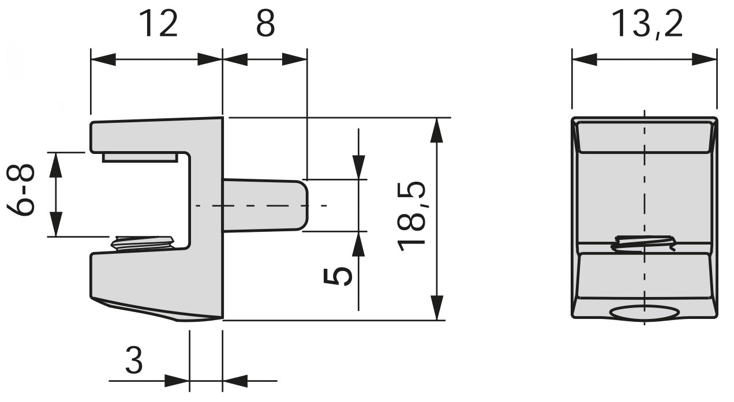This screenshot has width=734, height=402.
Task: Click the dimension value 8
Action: pyautogui.click(x=265, y=25)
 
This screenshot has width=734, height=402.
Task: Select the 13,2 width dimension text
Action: pyautogui.click(x=646, y=25)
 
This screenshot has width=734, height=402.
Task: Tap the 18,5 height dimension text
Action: pyautogui.click(x=412, y=217)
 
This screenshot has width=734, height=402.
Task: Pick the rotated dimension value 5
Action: pyautogui.click(x=337, y=276)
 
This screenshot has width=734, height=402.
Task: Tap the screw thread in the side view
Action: pyautogui.click(x=143, y=242)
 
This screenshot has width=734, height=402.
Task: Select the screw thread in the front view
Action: pyautogui.click(x=644, y=243)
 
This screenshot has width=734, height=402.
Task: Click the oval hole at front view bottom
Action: pyautogui.click(x=644, y=313)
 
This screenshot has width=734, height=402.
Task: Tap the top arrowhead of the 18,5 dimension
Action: pyautogui.click(x=437, y=130)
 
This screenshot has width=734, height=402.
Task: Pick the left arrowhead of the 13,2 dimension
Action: pyautogui.click(x=584, y=59)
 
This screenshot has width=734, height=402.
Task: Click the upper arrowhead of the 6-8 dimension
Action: pyautogui.click(x=55, y=165)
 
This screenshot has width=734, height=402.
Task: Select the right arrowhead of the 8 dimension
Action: pyautogui.click(x=294, y=59)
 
